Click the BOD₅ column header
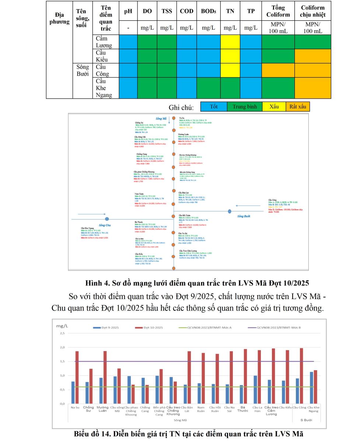(x=208, y=11)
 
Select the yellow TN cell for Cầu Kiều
(x=230, y=56)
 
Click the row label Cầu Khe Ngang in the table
(x=104, y=88)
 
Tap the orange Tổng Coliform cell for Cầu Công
(x=278, y=70)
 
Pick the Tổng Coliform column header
(x=278, y=11)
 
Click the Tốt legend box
(x=214, y=107)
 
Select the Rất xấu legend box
(x=298, y=107)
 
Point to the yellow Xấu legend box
(x=274, y=107)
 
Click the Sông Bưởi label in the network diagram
(x=244, y=216)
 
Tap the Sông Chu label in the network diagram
(x=105, y=225)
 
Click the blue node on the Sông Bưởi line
(x=230, y=211)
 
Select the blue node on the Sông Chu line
(x=107, y=219)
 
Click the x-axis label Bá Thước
(x=243, y=409)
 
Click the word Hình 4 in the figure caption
(x=95, y=283)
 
